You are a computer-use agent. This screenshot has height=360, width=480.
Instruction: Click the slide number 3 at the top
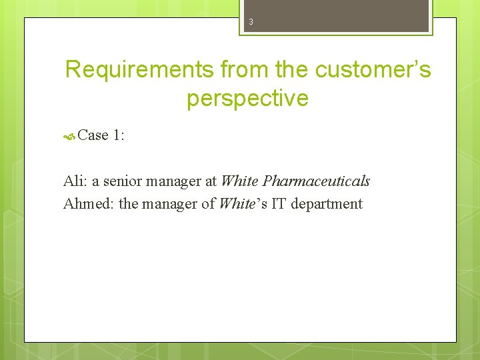tap(251, 22)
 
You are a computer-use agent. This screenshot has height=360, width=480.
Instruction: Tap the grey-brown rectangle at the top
tap(336, 15)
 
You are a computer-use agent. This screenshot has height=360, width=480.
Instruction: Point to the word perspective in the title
tap(247, 98)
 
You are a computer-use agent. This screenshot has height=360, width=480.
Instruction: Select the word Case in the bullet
tap(93, 135)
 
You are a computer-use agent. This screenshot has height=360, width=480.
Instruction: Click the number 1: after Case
tap(120, 135)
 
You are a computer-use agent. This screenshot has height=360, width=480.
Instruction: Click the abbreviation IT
tap(279, 203)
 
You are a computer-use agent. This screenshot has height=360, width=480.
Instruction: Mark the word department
tap(327, 203)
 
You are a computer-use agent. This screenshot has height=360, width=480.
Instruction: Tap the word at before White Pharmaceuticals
tap(210, 181)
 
